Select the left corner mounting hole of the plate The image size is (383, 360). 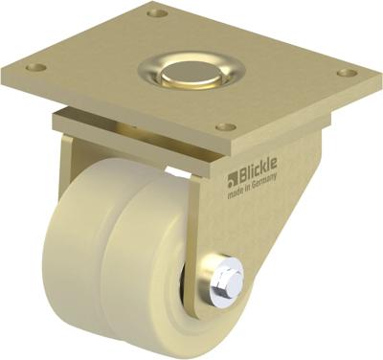pyautogui.click(x=38, y=69)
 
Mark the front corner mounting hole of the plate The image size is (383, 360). pyautogui.click(x=225, y=126)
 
